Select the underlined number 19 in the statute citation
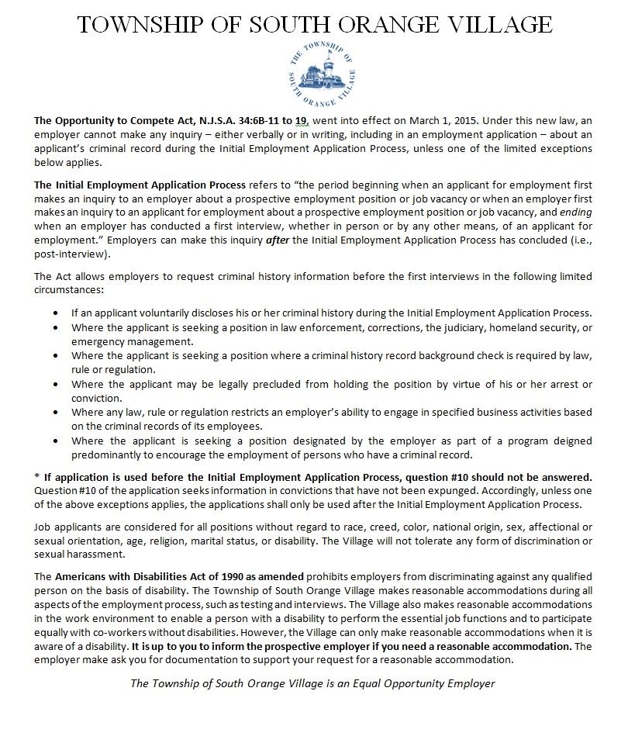[x=302, y=121]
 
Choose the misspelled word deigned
[x=574, y=441]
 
